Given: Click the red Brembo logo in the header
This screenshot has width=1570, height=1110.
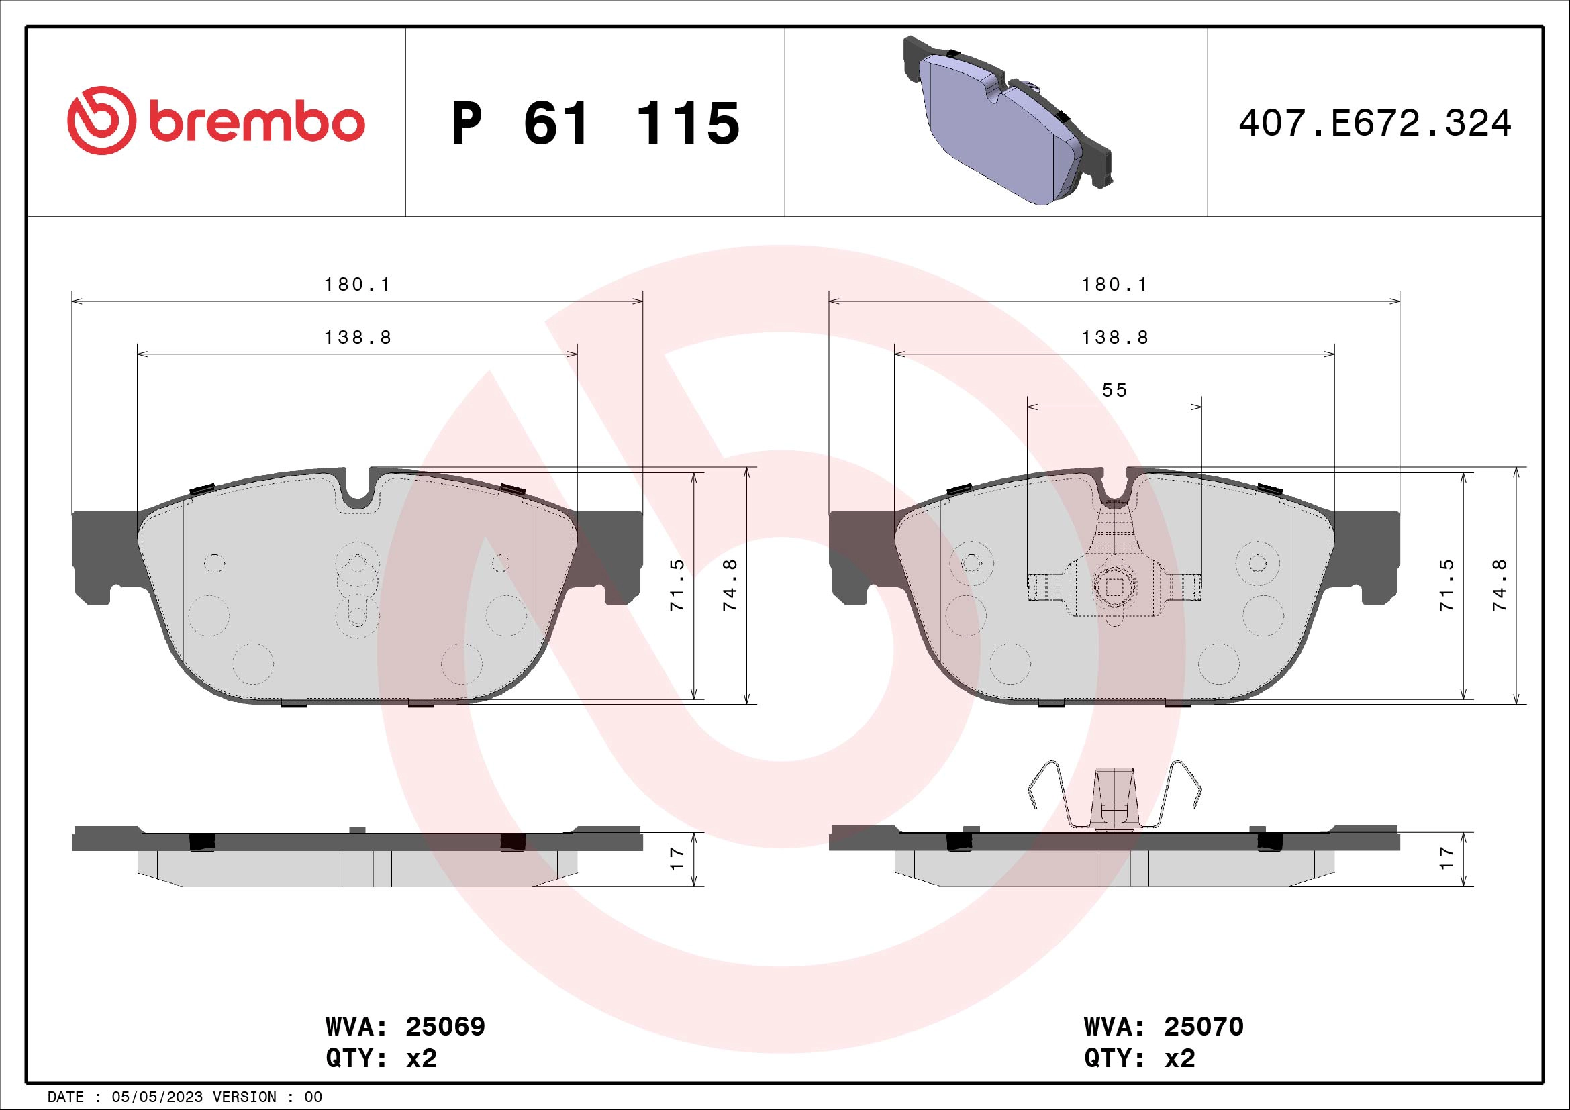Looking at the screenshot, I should click(x=215, y=121).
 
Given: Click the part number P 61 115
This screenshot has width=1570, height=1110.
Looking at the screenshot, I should click(x=595, y=123).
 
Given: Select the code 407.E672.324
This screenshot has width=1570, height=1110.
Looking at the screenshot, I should click(x=1375, y=123).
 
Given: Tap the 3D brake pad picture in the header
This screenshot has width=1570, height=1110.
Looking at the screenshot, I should click(x=1007, y=121).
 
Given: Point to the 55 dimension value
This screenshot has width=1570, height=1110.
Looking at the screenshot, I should click(x=1115, y=391).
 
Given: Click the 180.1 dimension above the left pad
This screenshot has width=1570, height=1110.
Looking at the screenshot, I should click(x=358, y=285).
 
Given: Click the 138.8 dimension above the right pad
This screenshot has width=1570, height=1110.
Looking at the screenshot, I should click(x=1115, y=338).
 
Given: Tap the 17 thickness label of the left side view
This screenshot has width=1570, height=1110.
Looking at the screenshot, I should click(x=678, y=858).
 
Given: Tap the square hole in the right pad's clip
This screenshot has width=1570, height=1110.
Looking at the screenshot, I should click(x=1115, y=587).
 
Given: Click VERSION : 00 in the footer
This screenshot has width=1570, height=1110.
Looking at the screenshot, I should click(x=266, y=1097).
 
